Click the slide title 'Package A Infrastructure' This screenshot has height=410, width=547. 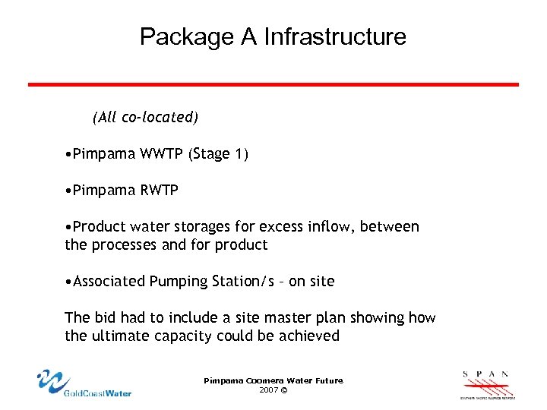(x=273, y=36)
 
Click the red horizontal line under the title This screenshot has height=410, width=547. (x=273, y=84)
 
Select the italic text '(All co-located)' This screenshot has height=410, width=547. (x=145, y=118)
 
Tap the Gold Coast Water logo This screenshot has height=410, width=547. (x=84, y=383)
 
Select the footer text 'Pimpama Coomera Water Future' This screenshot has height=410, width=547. (x=273, y=380)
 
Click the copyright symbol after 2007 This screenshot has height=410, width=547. (x=284, y=389)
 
